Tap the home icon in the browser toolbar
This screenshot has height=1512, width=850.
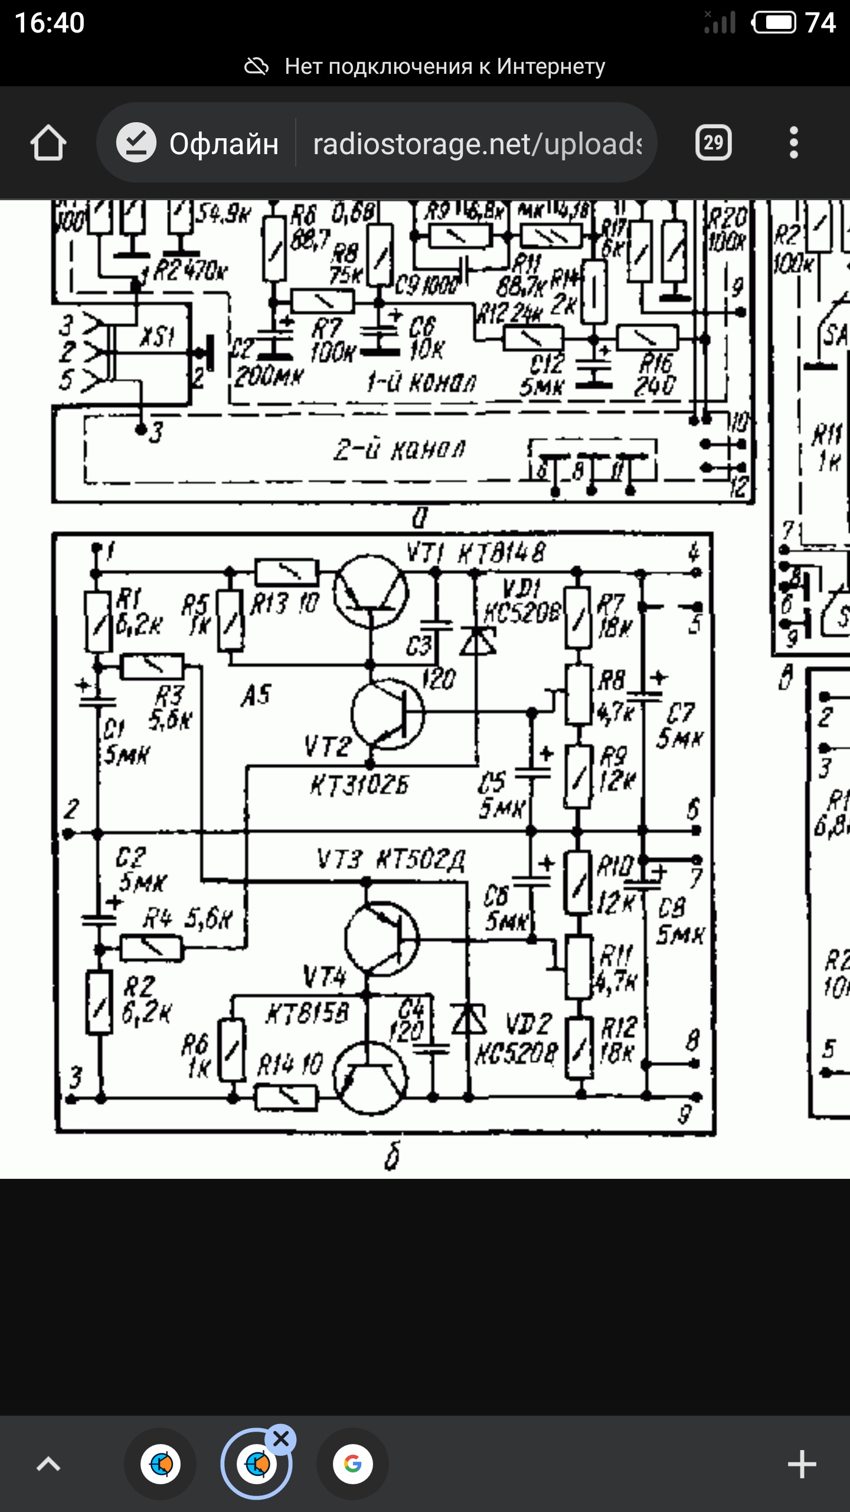48,143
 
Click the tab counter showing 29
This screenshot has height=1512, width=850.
713,143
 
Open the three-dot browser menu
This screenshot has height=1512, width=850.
793,143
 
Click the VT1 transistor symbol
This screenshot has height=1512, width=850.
371,591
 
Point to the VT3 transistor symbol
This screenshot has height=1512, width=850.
381,938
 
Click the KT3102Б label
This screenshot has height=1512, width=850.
359,786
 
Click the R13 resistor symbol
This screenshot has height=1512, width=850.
287,572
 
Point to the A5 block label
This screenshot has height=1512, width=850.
256,696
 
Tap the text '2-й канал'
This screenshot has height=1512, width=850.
400,451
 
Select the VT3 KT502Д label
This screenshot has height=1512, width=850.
391,860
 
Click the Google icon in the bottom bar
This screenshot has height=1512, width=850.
352,1464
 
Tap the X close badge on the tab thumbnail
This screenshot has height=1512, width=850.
281,1439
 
